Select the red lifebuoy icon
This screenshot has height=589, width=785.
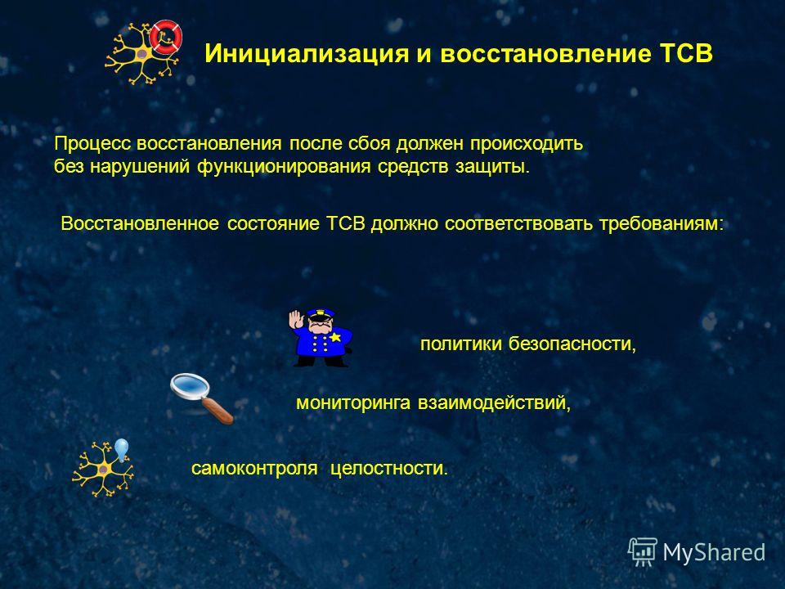(x=166, y=37)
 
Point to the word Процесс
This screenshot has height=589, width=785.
(x=92, y=144)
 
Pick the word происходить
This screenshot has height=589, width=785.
(x=526, y=144)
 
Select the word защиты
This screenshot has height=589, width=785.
(x=492, y=167)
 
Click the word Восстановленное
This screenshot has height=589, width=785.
(x=140, y=223)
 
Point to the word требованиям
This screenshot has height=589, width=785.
(x=662, y=224)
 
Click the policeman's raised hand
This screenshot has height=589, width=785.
(x=296, y=319)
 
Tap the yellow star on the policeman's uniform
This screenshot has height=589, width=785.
(x=335, y=336)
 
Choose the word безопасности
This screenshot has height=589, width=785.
(x=572, y=344)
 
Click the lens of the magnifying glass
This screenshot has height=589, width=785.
(x=190, y=386)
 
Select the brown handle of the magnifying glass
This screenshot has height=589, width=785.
(x=218, y=409)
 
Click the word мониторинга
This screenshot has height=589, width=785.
(x=353, y=403)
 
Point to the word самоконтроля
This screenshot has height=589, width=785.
(x=254, y=468)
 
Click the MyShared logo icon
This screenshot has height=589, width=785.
(x=643, y=552)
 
